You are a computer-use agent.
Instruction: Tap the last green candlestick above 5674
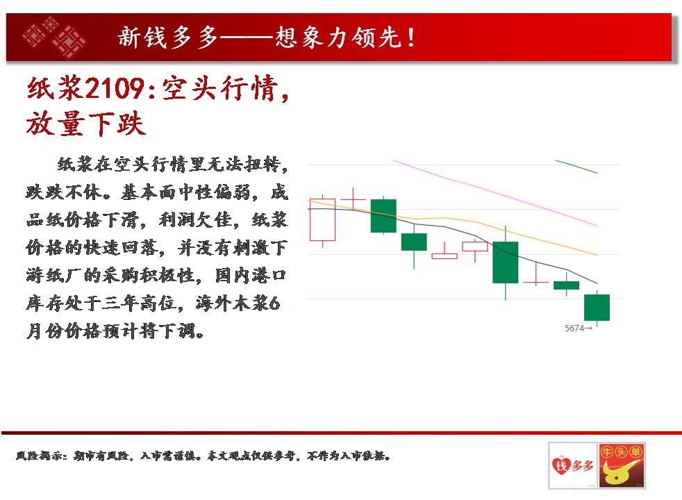[x=597, y=308]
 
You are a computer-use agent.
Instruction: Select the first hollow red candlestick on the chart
[x=322, y=219]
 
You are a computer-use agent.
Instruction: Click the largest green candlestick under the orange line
[x=506, y=262]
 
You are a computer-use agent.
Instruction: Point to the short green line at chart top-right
[x=576, y=167]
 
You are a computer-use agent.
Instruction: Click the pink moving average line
[x=495, y=193]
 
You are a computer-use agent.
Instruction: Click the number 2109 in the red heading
[x=115, y=88]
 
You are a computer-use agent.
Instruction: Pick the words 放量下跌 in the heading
[x=85, y=124]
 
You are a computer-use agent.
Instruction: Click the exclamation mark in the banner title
[x=410, y=37]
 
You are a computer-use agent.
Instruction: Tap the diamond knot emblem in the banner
[x=54, y=37]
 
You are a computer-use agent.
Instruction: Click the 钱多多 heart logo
[x=573, y=466]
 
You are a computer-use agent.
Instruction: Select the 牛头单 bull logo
[x=622, y=466]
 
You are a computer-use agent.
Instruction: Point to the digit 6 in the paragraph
[x=274, y=303]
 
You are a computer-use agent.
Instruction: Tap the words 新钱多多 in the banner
[x=168, y=37]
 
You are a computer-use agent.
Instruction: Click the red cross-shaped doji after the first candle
[x=353, y=199]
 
